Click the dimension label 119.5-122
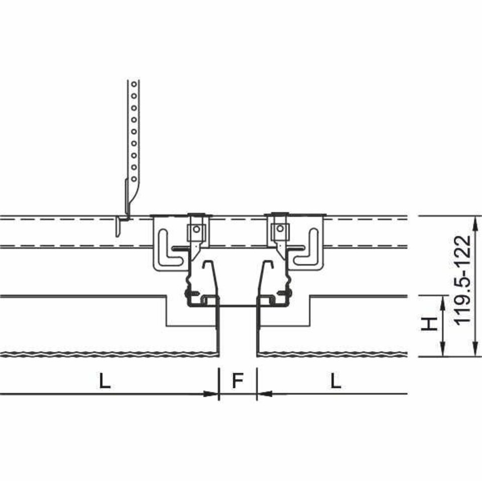(462, 280)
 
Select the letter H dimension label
(429, 324)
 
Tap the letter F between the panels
(237, 380)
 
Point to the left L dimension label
(105, 380)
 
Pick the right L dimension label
(336, 380)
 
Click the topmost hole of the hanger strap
(134, 84)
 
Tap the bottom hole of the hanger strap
(134, 179)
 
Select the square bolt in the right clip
(280, 228)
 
